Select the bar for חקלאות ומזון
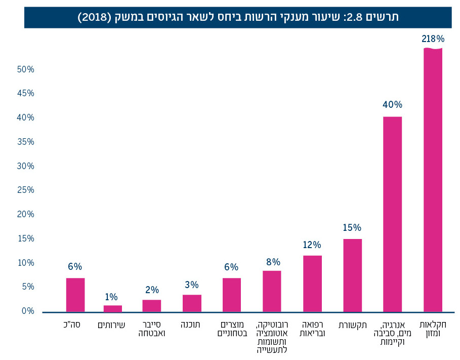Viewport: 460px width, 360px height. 432,180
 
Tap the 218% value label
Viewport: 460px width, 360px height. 432,39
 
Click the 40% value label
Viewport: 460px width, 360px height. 392,105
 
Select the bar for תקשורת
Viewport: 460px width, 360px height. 352,275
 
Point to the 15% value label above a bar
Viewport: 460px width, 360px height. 352,228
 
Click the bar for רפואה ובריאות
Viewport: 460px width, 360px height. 312,284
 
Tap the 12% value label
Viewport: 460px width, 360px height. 312,245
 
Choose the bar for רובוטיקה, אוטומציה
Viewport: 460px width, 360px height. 272,291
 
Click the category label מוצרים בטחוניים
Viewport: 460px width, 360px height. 232,329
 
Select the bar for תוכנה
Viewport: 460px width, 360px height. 192,303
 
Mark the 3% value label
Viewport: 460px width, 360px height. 192,285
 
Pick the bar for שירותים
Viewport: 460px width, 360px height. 112,308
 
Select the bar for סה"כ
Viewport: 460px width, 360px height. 75,295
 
